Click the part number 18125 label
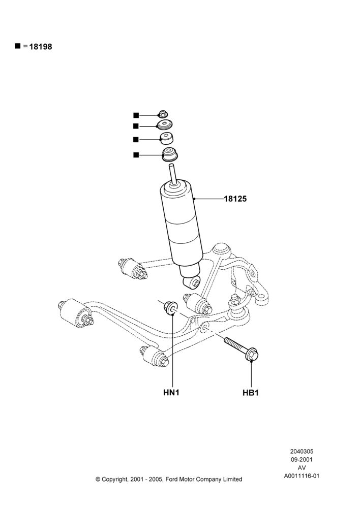[x=235, y=199]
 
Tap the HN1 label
[x=171, y=393]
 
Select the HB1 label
[x=251, y=393]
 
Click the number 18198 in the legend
[x=41, y=47]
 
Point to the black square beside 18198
[x=17, y=46]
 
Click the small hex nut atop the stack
[x=162, y=114]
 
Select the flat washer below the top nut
[x=164, y=124]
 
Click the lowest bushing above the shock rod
[x=169, y=155]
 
